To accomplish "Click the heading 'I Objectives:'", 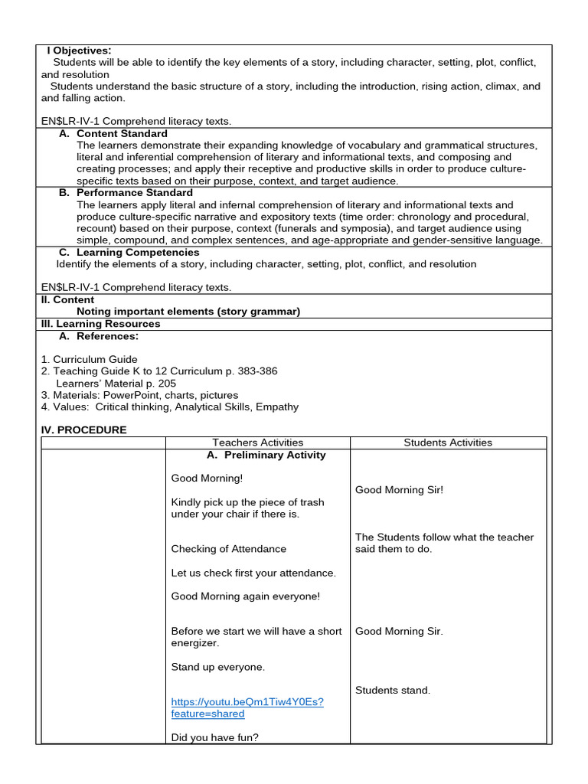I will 79,51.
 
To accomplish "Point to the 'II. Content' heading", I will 68,300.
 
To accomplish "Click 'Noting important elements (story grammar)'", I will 188,312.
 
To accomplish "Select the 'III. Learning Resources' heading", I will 100,324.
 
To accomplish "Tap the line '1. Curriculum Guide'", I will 90,359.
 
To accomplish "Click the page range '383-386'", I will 256,371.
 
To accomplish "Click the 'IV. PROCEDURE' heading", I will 84,430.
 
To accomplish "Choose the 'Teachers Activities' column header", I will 257,443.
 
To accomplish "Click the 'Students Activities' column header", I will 448,443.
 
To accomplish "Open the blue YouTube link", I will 247,707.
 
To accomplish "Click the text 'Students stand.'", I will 393,691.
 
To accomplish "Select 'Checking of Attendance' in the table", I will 228,549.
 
